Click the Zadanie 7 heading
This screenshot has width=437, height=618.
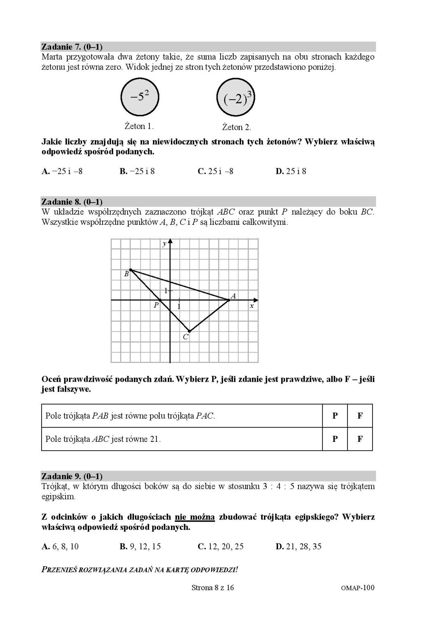72,46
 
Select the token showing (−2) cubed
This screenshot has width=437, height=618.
236,98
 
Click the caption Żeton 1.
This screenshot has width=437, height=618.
139,126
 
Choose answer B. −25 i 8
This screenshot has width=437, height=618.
137,171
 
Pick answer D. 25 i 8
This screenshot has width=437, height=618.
291,171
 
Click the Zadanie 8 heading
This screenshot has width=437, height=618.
72,201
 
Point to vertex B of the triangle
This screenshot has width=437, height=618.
130,269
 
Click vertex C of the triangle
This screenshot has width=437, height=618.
189,331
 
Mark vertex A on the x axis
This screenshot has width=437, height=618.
229,300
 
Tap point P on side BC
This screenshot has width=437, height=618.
160,300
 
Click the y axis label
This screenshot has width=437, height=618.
164,244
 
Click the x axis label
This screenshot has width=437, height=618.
252,306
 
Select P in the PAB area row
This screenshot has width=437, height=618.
335,415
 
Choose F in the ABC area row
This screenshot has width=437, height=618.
360,439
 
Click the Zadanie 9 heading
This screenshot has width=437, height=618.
72,476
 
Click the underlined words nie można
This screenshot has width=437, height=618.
195,517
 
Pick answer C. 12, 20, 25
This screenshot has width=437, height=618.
221,547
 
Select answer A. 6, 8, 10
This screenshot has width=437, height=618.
60,547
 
